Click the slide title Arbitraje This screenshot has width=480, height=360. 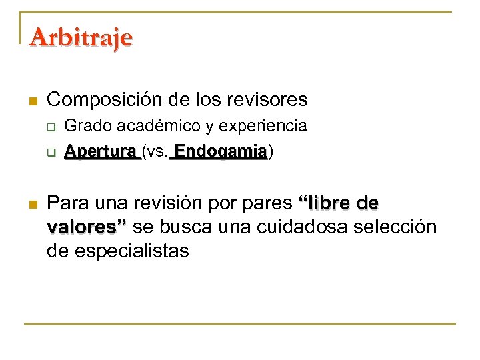point(81,36)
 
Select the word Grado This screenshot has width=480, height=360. point(85,126)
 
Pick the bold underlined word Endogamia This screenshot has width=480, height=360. point(221,151)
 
